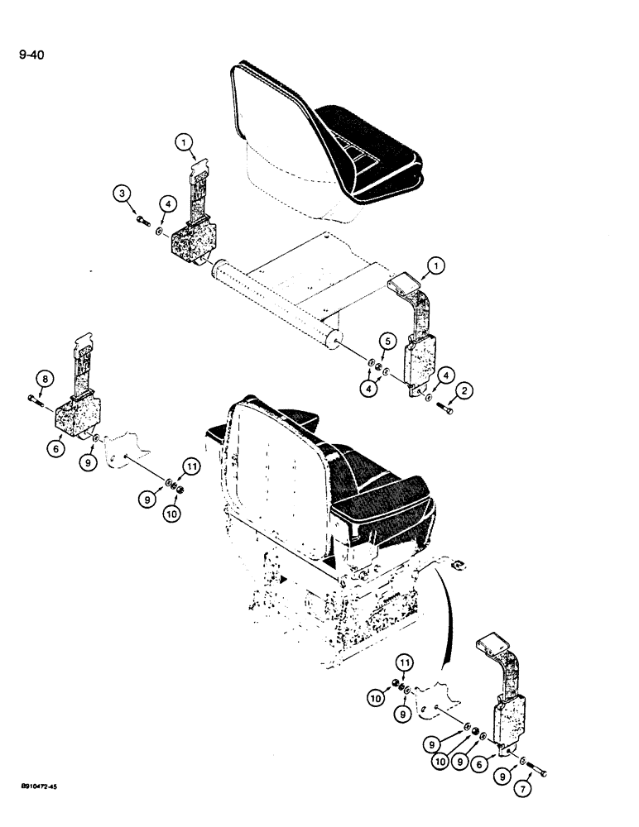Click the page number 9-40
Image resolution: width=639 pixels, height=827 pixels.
pyautogui.click(x=32, y=56)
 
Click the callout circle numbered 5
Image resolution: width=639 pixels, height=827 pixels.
pyautogui.click(x=387, y=339)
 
